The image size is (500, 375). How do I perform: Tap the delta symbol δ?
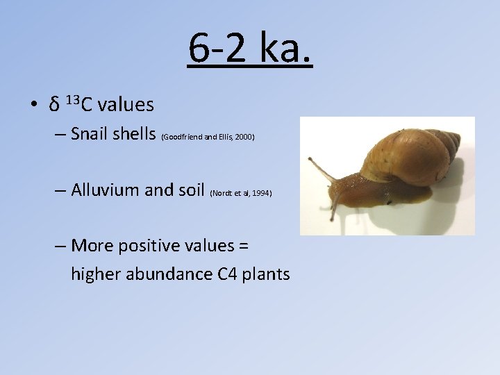[53, 106]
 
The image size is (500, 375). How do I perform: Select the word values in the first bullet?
[126, 105]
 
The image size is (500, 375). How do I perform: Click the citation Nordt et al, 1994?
[240, 192]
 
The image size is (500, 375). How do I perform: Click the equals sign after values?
[243, 246]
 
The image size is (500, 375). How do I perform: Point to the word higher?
[96, 274]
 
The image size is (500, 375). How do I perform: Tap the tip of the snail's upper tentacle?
[310, 160]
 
